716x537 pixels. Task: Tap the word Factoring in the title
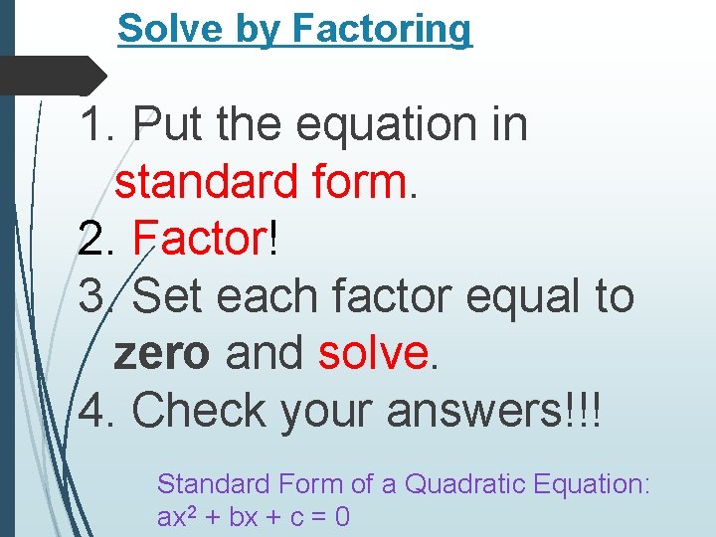[x=382, y=31]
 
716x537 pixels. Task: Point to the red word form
[x=358, y=182]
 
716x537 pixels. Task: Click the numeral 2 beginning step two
[x=91, y=240]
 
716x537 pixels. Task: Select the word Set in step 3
[x=166, y=296]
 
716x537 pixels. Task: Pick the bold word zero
[x=162, y=353]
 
